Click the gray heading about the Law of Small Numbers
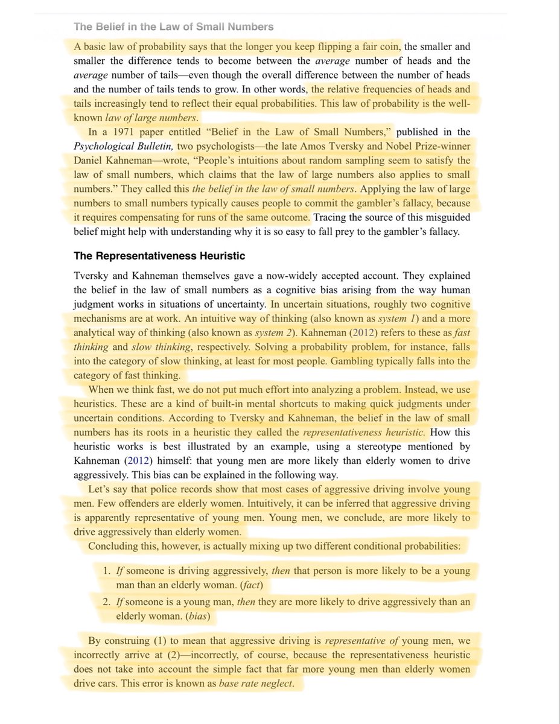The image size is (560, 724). coord(173,27)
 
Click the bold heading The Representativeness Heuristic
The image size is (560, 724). coord(159,256)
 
